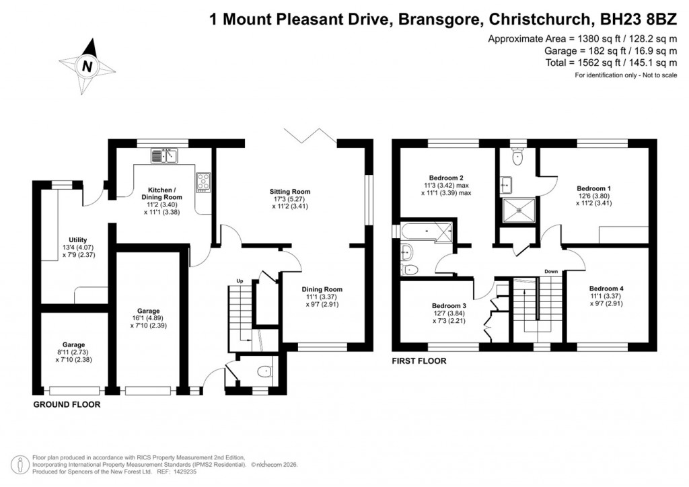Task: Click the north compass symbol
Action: point(87,66)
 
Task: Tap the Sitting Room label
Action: point(290,191)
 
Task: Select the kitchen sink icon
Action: point(164,157)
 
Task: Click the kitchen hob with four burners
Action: point(203,181)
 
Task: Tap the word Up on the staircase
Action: point(240,280)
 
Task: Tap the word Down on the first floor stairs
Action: point(551,272)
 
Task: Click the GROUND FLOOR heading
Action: point(67,405)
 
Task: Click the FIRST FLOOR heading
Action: point(419,361)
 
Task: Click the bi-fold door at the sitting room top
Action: point(310,135)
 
